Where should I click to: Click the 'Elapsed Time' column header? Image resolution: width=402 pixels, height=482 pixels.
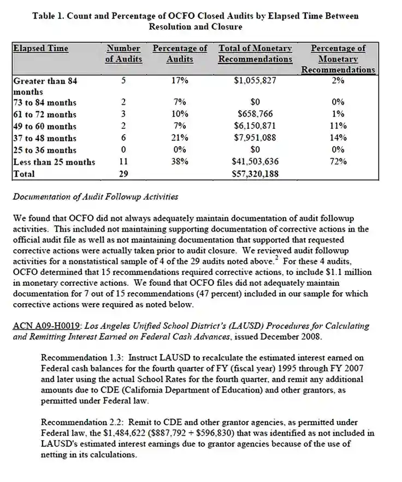pos(40,49)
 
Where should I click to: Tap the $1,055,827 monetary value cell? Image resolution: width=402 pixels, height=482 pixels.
pos(255,81)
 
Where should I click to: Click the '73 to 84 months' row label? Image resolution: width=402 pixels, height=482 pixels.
pos(45,103)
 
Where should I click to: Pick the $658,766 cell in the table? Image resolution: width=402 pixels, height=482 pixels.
pos(255,115)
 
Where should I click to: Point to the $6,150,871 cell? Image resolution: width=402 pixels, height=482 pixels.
pos(255,126)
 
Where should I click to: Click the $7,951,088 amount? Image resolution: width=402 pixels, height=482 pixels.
pos(255,138)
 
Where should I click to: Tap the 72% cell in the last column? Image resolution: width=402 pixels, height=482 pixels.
pos(338,162)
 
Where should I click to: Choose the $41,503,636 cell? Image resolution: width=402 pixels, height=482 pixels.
pos(255,162)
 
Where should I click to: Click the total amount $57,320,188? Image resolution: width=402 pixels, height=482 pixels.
pos(255,174)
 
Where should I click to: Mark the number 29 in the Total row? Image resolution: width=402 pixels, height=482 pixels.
pos(123,174)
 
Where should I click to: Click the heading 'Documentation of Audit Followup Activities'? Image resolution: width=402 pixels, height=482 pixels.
pos(95,196)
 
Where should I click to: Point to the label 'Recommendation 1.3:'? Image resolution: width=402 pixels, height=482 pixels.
pos(78,358)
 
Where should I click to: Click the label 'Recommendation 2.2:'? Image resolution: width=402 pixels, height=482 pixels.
pos(78,423)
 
